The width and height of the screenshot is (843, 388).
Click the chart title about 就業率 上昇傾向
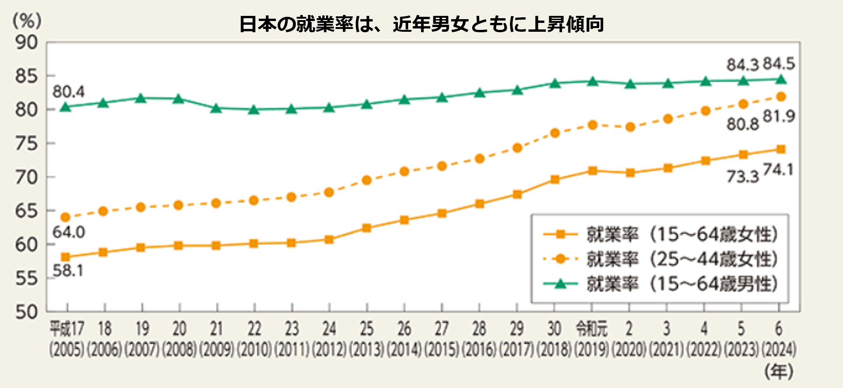point(421,24)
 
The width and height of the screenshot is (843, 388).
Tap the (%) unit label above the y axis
point(27,21)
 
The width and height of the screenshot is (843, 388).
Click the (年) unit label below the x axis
point(779,371)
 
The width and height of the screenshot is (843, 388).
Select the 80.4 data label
point(68,92)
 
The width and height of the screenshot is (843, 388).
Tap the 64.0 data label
point(68,232)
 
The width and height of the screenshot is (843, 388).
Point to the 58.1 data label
point(68,270)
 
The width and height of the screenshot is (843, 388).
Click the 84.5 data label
point(779,64)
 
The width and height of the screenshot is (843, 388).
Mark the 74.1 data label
point(778,170)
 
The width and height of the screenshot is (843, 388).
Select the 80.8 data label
point(743,124)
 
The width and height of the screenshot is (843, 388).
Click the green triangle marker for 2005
point(66,106)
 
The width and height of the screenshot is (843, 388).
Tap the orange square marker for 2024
point(780,149)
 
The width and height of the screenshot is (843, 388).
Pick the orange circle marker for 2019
point(592,125)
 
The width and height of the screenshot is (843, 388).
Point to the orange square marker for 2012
point(329,240)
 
